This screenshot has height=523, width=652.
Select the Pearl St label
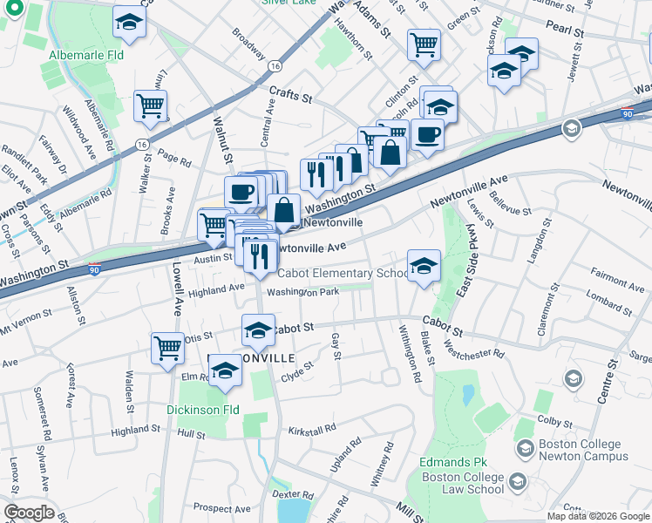point(565,30)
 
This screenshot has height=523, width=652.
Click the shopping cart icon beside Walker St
point(150,106)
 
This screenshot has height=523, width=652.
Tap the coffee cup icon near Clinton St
point(427,134)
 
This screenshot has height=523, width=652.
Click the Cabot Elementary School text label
point(343,273)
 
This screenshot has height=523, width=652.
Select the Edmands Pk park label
point(452,461)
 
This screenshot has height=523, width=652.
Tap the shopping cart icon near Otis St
point(166,347)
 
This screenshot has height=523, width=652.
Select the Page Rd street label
point(174,160)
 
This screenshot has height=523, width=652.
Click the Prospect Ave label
point(221,507)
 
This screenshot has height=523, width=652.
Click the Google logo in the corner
point(29,513)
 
